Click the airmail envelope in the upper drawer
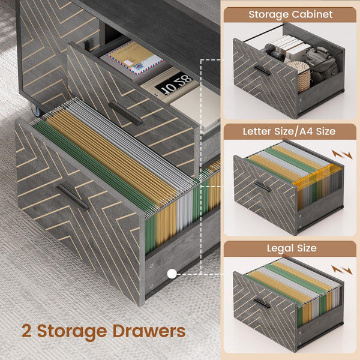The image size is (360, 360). (x=135, y=58)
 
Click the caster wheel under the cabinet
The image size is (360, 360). (x=36, y=111)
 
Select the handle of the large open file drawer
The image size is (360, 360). (x=73, y=197)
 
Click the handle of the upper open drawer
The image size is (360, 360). (x=125, y=113)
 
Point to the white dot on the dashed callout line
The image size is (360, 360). (x=172, y=274)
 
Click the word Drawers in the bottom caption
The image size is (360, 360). (x=149, y=331)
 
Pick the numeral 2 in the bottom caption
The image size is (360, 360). (x=27, y=331)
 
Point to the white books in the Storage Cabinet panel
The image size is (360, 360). (x=291, y=47)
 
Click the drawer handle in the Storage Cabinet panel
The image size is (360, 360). (x=262, y=70)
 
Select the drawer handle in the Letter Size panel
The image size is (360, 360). (x=262, y=187)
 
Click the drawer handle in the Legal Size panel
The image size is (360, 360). (x=262, y=303)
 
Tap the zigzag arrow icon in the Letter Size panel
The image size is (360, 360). (x=342, y=155)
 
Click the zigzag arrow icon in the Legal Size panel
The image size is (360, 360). (x=342, y=269)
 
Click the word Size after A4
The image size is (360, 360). (x=326, y=131)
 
